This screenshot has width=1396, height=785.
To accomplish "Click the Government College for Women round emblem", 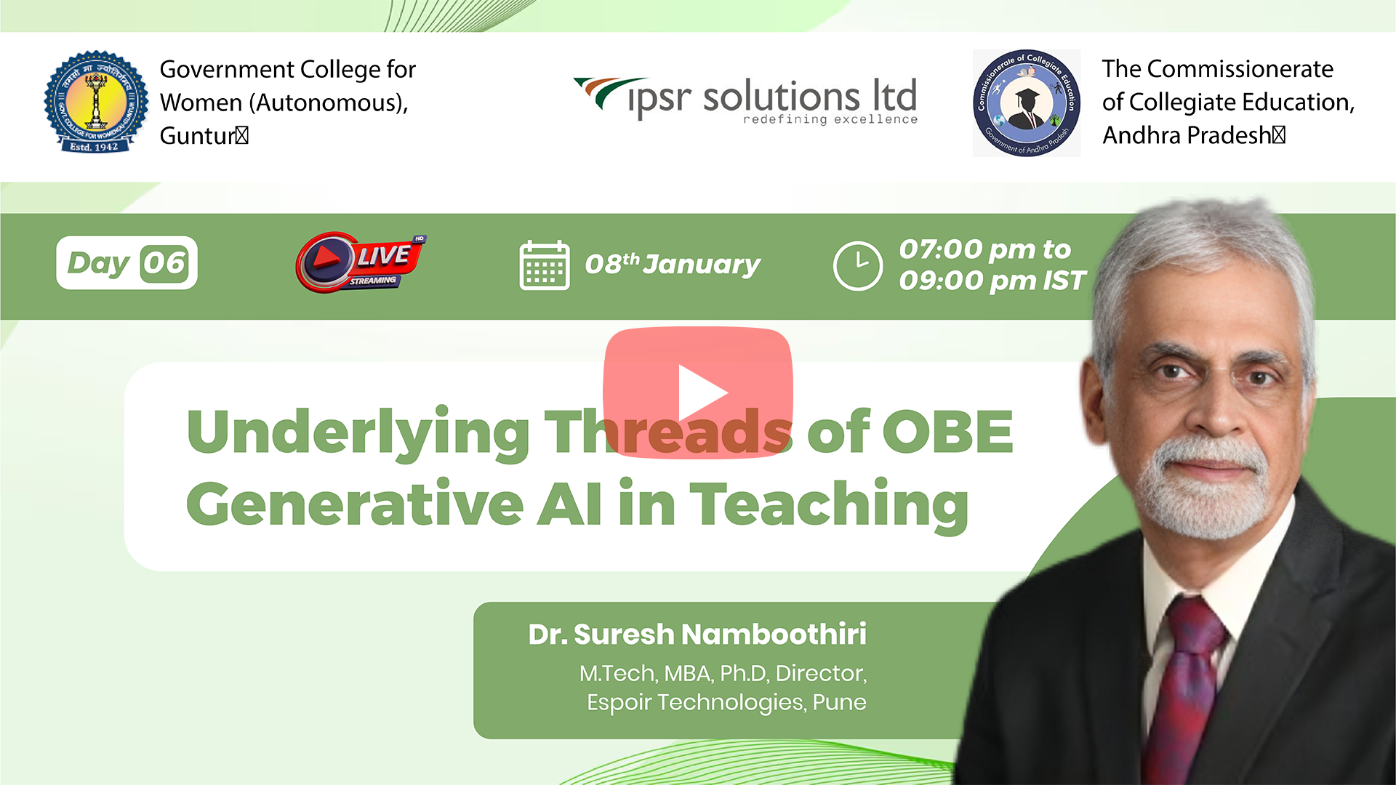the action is tap(96, 102).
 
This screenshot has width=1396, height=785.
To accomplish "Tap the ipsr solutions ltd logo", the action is tap(745, 100).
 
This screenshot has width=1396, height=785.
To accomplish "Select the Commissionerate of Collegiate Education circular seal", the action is tap(1027, 102).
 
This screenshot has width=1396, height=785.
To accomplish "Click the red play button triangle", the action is tap(702, 392).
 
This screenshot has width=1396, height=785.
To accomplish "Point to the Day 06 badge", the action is tap(127, 263).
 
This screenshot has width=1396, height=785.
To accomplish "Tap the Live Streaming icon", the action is tap(361, 262).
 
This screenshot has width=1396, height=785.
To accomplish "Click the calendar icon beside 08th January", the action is tap(545, 265).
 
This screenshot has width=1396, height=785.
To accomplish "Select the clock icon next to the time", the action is tap(858, 266).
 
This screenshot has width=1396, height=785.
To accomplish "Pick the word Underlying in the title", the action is tap(358, 434).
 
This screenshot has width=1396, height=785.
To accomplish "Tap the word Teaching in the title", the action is tap(829, 504).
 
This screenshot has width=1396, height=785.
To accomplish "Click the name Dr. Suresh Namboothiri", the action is tap(697, 634).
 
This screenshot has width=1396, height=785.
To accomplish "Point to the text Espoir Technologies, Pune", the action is tap(726, 702).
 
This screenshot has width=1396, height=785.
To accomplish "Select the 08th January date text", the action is tap(673, 264).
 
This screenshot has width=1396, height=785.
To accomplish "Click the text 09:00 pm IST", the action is tap(992, 281).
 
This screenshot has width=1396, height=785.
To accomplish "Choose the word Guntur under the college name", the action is tap(196, 136).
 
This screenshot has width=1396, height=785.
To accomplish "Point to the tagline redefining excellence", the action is tap(830, 119).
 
